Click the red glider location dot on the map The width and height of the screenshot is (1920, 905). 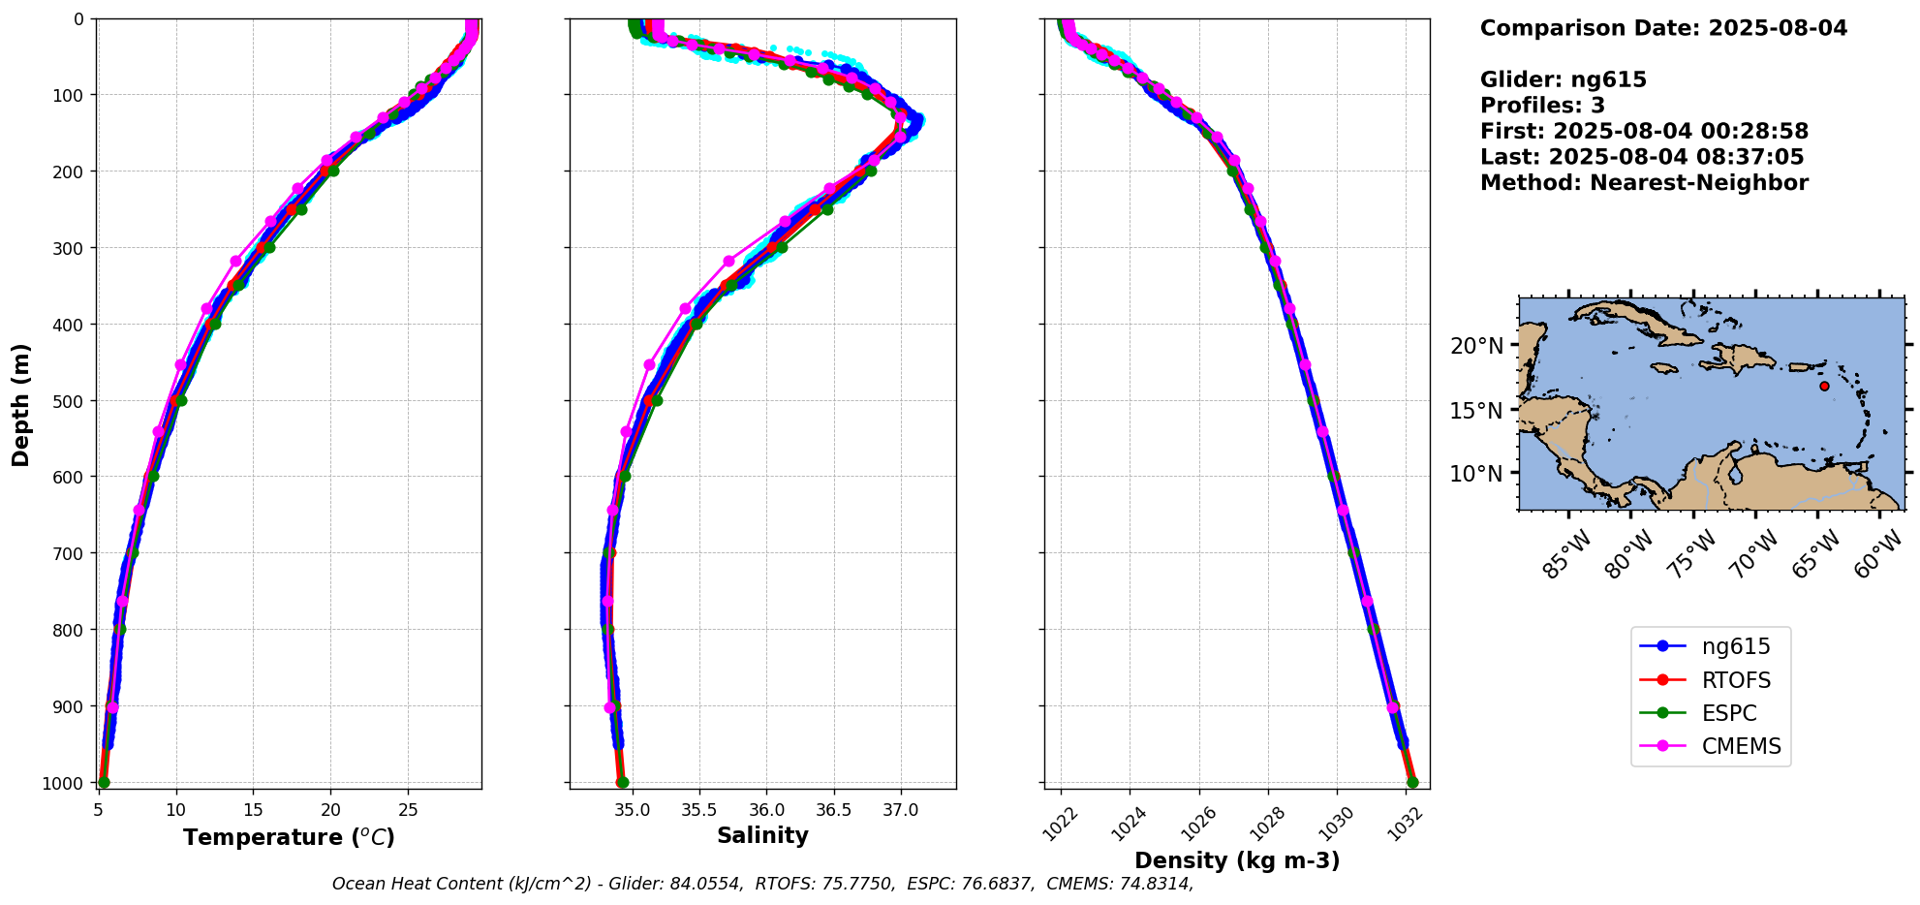click(1824, 386)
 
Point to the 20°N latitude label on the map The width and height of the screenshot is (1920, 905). click(1476, 346)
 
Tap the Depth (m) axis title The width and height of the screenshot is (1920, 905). click(21, 404)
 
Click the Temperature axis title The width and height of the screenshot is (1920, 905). click(289, 837)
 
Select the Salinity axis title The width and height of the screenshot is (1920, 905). click(762, 835)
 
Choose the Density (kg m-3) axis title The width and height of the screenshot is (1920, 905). click(1237, 860)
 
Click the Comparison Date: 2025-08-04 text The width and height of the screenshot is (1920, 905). click(1663, 28)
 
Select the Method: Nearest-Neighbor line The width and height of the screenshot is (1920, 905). click(1644, 183)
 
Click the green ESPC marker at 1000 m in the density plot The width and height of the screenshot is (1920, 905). click(1412, 782)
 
